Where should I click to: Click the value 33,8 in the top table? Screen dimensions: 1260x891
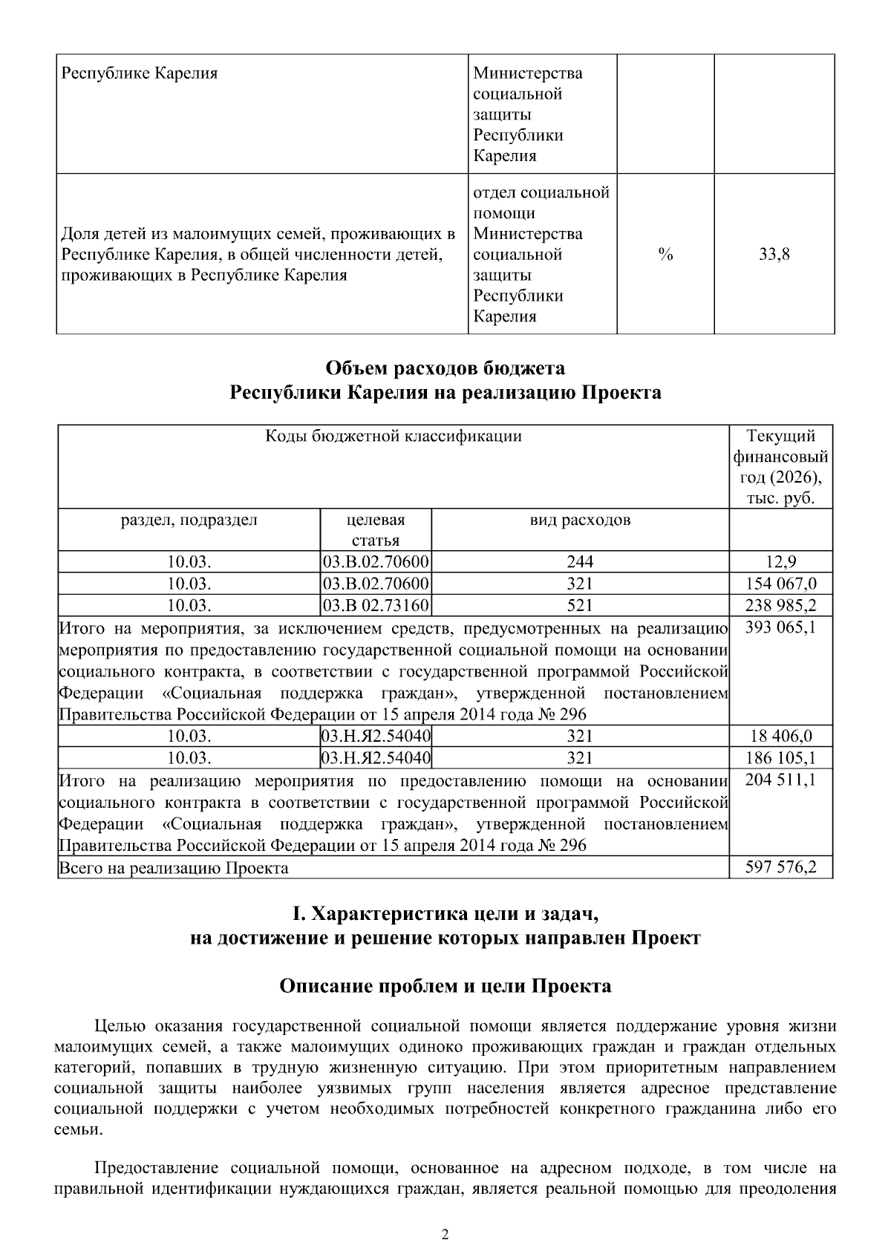(x=774, y=255)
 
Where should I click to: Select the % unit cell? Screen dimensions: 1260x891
(x=665, y=255)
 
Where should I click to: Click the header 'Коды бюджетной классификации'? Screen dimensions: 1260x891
(x=394, y=436)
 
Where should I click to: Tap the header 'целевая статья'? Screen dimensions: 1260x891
(x=376, y=529)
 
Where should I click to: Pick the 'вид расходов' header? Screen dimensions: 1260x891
(x=580, y=520)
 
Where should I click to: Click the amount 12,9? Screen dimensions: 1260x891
(x=780, y=562)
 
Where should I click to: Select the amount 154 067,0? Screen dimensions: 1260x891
(x=780, y=584)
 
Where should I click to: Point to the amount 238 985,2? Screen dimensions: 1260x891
(x=780, y=605)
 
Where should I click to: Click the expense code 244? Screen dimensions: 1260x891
(x=580, y=562)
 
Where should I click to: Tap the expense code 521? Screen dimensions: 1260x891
(x=580, y=605)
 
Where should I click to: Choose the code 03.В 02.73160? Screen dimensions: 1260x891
(x=376, y=605)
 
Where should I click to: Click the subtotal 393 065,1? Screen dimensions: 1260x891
(x=780, y=628)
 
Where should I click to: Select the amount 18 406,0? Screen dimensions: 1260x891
(x=780, y=736)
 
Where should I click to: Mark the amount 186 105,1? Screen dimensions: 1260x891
(x=780, y=757)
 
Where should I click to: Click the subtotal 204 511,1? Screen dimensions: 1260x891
(x=780, y=780)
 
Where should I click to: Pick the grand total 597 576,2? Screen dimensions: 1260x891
(x=780, y=867)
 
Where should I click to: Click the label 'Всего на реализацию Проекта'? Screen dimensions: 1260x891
(x=174, y=868)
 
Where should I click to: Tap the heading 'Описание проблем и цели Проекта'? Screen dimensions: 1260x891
(x=446, y=986)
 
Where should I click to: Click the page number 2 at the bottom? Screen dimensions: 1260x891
(x=445, y=1235)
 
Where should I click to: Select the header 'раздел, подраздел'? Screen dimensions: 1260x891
(x=189, y=520)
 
